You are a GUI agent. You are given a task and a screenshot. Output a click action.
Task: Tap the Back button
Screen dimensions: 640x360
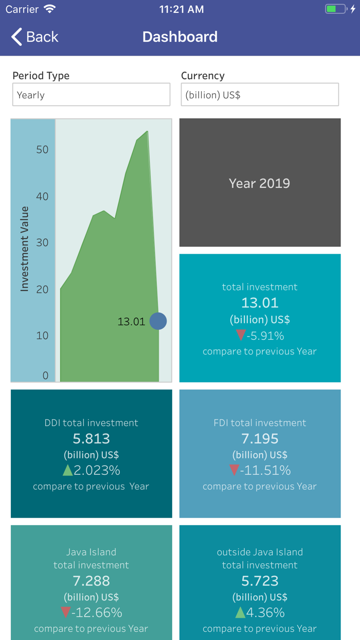click(34, 37)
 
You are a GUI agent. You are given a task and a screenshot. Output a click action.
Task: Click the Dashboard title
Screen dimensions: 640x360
click(180, 37)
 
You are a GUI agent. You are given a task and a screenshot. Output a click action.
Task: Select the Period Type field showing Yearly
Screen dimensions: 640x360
click(91, 95)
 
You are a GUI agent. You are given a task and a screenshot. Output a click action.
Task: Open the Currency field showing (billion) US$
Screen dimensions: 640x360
click(260, 95)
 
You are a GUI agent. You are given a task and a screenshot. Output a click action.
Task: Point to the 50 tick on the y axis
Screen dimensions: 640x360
click(42, 150)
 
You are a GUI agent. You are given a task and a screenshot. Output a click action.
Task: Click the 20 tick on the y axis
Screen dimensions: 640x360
click(42, 289)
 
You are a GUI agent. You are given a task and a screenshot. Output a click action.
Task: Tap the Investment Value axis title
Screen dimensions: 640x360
click(24, 249)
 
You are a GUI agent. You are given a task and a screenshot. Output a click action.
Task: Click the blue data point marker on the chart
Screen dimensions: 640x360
click(158, 321)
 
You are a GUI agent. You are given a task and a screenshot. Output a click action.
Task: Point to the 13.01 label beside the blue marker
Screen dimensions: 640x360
click(131, 322)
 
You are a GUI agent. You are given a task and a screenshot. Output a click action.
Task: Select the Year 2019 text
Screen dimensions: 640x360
click(259, 183)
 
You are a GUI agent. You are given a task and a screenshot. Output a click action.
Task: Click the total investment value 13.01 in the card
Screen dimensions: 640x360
click(260, 303)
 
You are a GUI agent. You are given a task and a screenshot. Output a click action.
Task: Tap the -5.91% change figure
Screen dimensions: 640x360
click(265, 336)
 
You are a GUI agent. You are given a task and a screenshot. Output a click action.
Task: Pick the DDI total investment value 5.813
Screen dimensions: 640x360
click(91, 438)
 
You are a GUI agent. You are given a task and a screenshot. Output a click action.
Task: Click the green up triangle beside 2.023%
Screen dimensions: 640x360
click(67, 470)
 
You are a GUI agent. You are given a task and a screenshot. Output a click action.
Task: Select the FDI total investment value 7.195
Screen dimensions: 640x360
click(260, 438)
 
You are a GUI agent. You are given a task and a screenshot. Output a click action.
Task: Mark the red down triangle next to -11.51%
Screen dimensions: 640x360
click(235, 470)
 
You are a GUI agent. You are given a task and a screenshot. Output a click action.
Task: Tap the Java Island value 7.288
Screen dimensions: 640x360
click(91, 581)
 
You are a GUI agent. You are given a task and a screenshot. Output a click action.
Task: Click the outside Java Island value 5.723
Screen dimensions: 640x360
click(260, 581)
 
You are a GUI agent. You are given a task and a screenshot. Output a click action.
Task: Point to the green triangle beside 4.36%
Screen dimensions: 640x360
click(240, 612)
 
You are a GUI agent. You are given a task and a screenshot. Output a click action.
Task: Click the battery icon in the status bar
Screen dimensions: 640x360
click(336, 9)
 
